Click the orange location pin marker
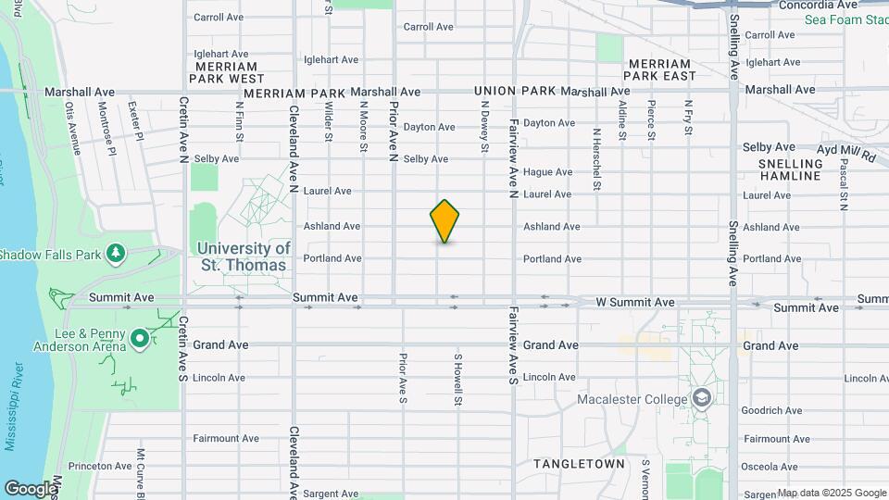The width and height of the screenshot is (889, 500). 444,221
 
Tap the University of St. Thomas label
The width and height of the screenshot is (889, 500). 244,256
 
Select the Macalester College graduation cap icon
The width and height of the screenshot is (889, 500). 703,399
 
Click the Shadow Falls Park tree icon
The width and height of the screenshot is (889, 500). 115,253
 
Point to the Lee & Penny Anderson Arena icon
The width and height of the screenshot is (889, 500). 140,339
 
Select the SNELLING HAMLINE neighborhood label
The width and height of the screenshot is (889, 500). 790,169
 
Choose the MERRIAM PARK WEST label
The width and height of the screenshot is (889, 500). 227,72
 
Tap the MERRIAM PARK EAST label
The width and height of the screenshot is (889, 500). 674,69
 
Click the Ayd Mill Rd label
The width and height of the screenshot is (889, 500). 845,152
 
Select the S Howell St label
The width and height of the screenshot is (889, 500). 457,378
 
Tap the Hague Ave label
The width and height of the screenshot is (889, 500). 547,172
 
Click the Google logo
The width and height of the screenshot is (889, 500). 30,488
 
